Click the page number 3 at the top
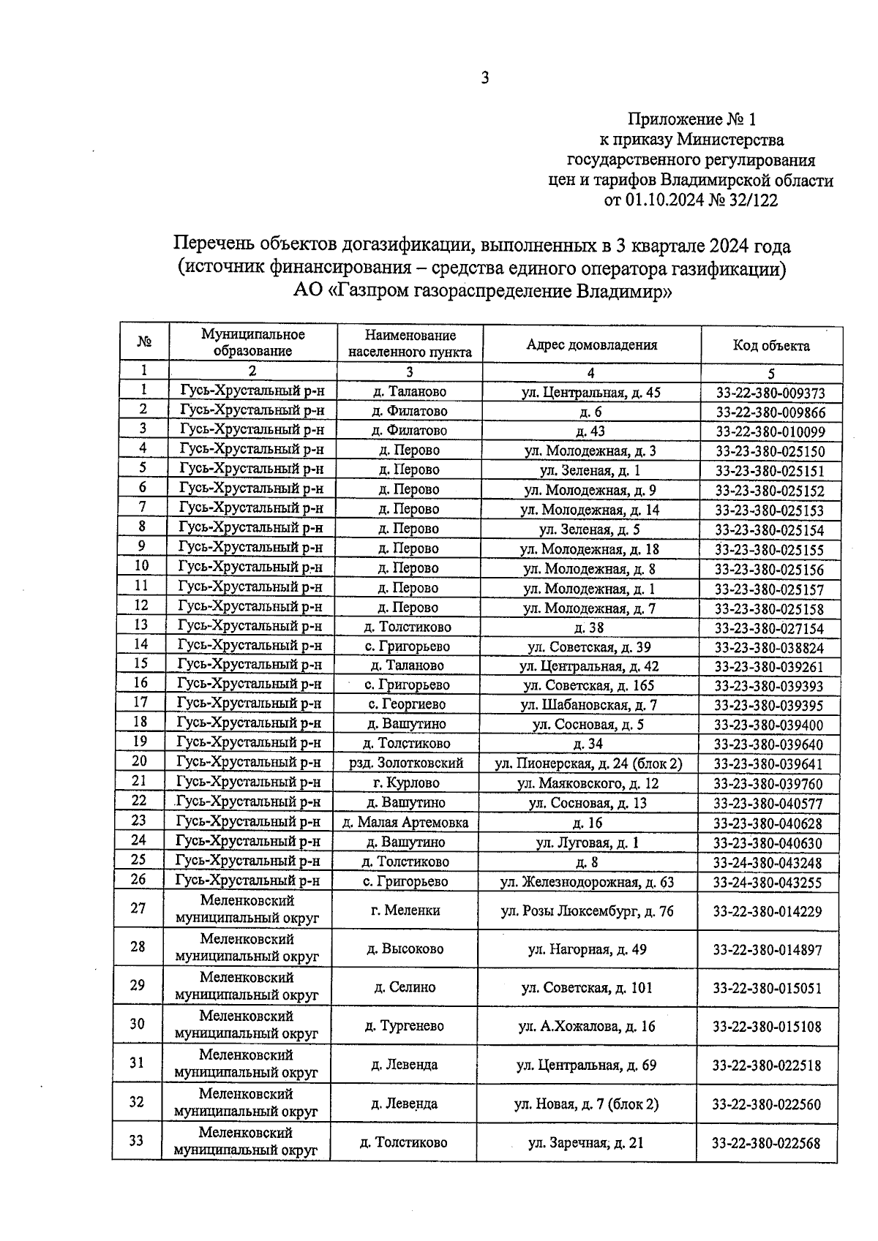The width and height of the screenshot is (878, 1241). [484, 78]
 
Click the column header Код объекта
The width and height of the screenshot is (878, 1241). [771, 346]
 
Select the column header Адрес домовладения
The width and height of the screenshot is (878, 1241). [591, 345]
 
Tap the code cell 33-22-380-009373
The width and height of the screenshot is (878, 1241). [770, 393]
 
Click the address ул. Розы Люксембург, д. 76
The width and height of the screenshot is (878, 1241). [587, 911]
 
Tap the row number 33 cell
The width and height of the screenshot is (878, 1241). [137, 1141]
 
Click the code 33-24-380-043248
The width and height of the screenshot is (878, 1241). [768, 863]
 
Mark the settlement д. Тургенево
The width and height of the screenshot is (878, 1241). [404, 1026]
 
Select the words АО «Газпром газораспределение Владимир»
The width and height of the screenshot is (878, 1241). [483, 292]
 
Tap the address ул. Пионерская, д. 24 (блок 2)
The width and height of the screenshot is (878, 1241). [588, 764]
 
